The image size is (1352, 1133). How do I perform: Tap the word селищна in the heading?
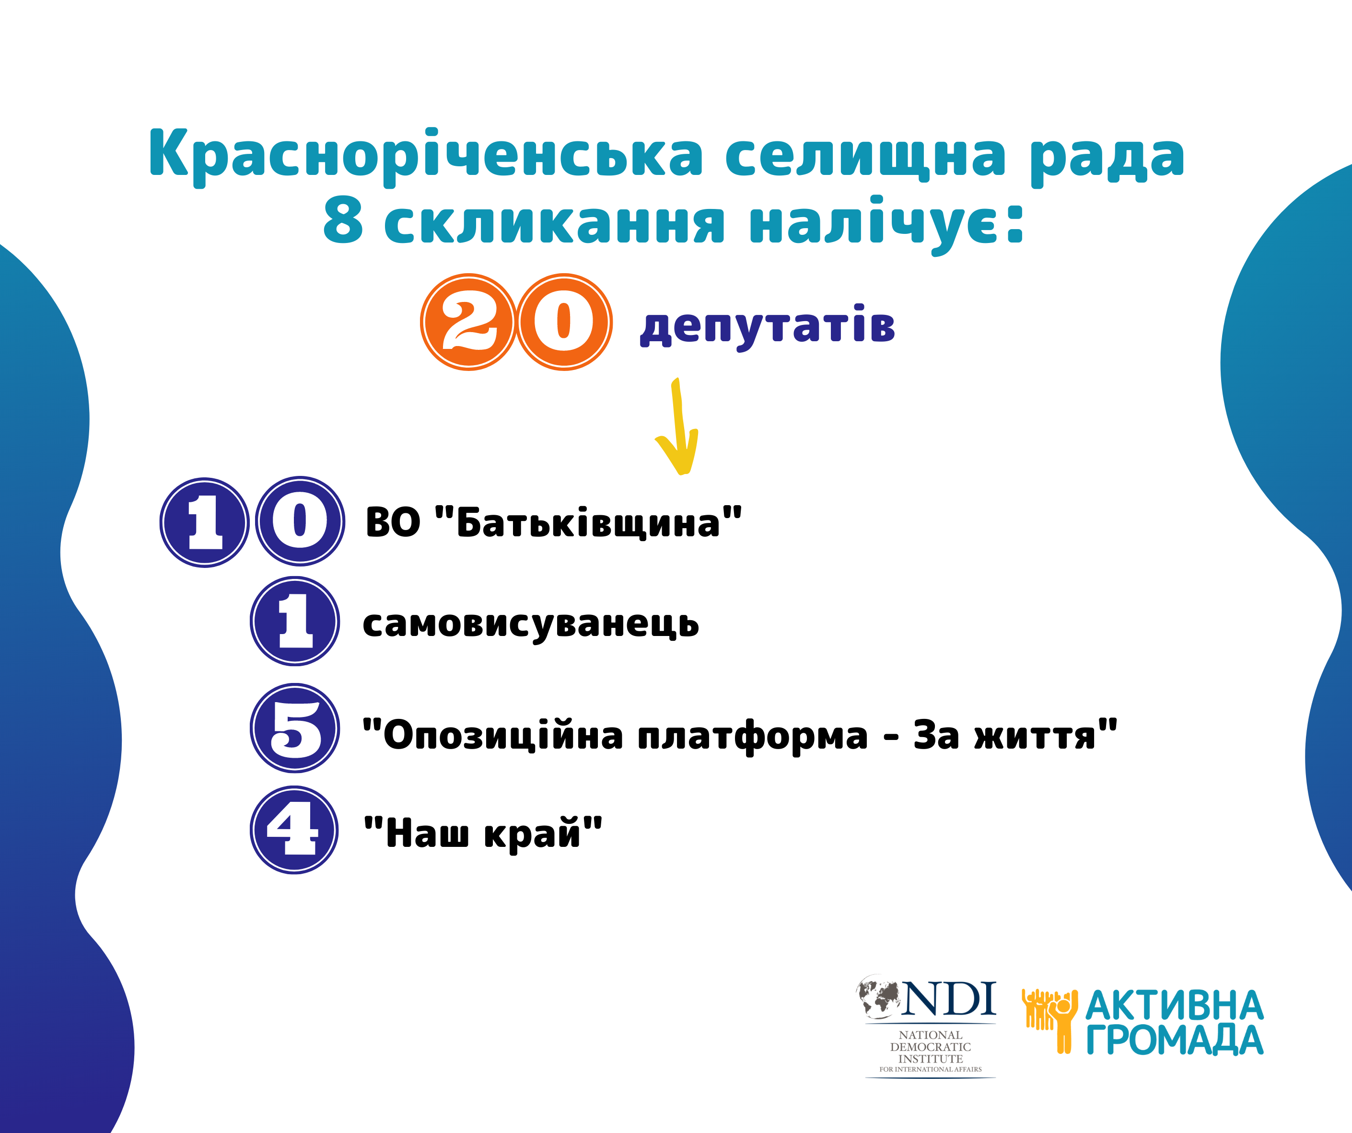tap(865, 156)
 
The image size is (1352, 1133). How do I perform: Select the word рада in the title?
tap(1107, 156)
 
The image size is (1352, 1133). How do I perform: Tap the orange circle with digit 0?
tap(564, 322)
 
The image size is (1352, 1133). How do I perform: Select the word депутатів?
tap(768, 326)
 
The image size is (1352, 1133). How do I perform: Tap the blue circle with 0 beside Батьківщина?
tap(300, 521)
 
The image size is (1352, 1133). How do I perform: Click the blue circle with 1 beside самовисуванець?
tap(295, 621)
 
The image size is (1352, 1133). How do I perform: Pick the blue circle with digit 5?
tap(295, 728)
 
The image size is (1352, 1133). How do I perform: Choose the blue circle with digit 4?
tap(294, 830)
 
